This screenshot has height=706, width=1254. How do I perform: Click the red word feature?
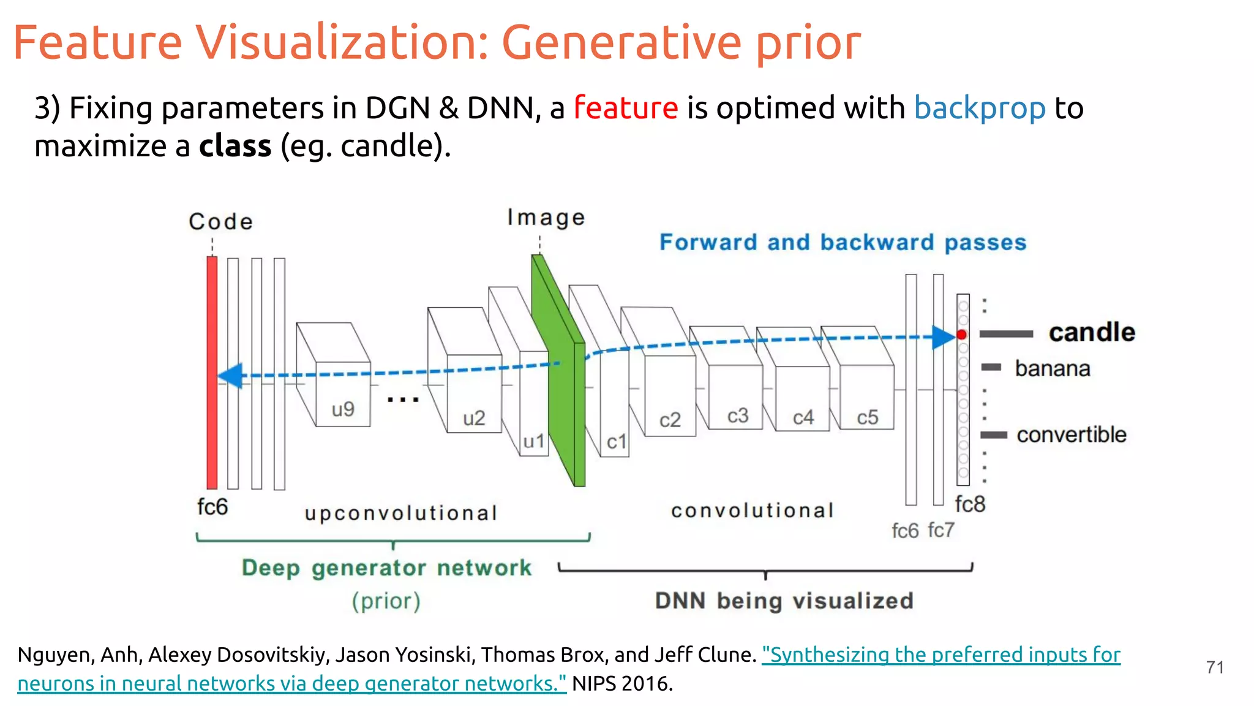(625, 108)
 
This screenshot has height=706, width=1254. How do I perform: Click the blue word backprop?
(979, 108)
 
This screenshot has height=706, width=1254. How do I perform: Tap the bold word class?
(235, 146)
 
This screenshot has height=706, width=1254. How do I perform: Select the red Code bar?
(212, 372)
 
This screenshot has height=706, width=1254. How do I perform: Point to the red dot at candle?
(962, 335)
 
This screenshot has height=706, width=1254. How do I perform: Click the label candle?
(1092, 332)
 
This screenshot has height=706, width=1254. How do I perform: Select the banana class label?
(1053, 368)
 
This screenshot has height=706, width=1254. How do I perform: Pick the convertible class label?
(1071, 435)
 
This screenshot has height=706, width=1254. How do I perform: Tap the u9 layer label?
(343, 409)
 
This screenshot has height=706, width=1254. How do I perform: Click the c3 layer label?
(738, 416)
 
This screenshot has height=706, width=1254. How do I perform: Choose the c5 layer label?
(867, 417)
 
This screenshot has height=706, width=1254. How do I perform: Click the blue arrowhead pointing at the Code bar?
(231, 376)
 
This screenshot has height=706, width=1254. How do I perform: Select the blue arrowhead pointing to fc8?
(943, 337)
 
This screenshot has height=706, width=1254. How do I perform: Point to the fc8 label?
(970, 504)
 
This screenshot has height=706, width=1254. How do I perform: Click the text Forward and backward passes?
(843, 242)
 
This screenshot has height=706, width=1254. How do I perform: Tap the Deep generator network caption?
(386, 567)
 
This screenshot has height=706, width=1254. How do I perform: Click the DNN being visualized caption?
(784, 601)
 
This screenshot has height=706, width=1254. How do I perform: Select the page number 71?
(1215, 667)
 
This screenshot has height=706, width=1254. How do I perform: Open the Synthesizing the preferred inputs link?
(940, 655)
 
